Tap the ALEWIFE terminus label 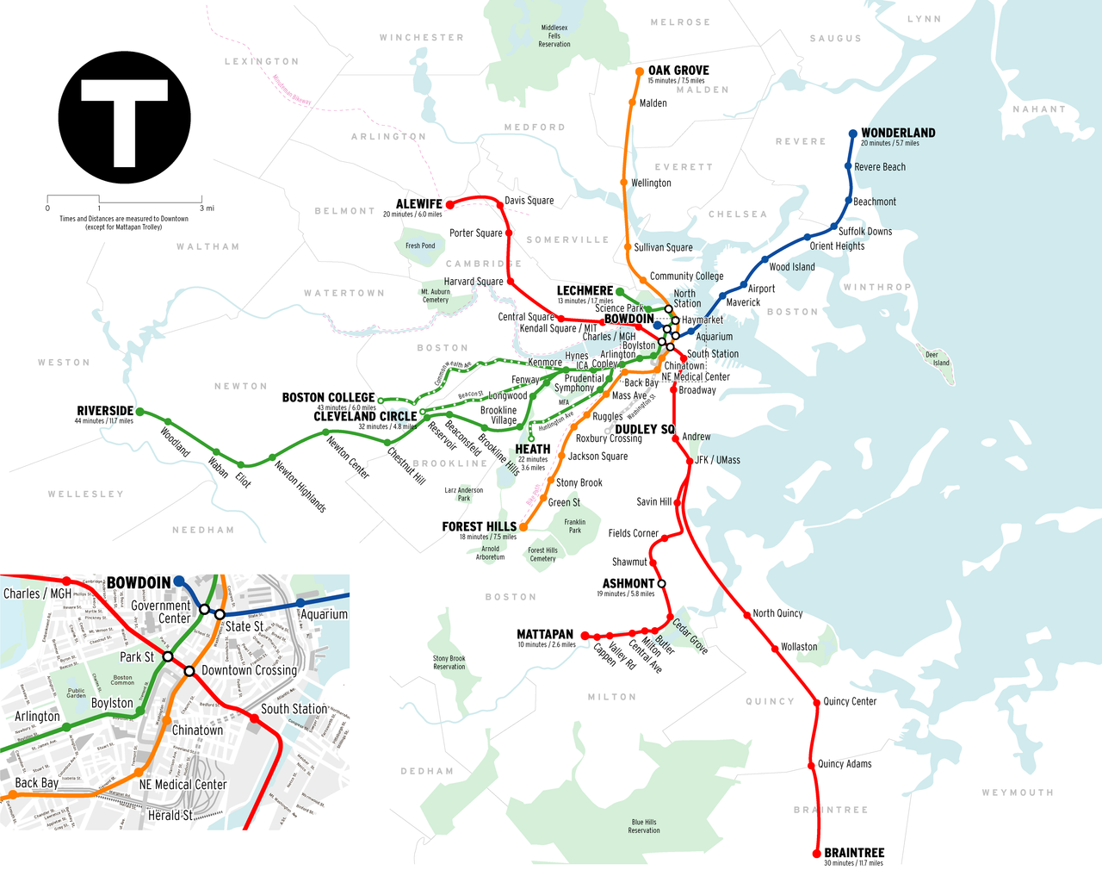coord(418,204)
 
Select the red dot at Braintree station coord(817,854)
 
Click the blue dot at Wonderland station coord(853,134)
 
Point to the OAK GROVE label coord(678,71)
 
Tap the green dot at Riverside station coord(140,412)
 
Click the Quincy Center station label coord(850,701)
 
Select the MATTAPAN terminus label coord(545,634)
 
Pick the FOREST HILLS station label coord(479,526)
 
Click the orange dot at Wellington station coord(623,183)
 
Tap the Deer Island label coord(937,358)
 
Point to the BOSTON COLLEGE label coord(328,397)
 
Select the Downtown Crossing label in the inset coord(249,670)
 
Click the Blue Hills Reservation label coord(644,826)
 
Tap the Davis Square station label coord(529,201)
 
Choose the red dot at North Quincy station coord(747,614)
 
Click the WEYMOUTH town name coord(1018,792)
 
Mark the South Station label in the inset coord(294,709)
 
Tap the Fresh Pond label coord(420,245)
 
